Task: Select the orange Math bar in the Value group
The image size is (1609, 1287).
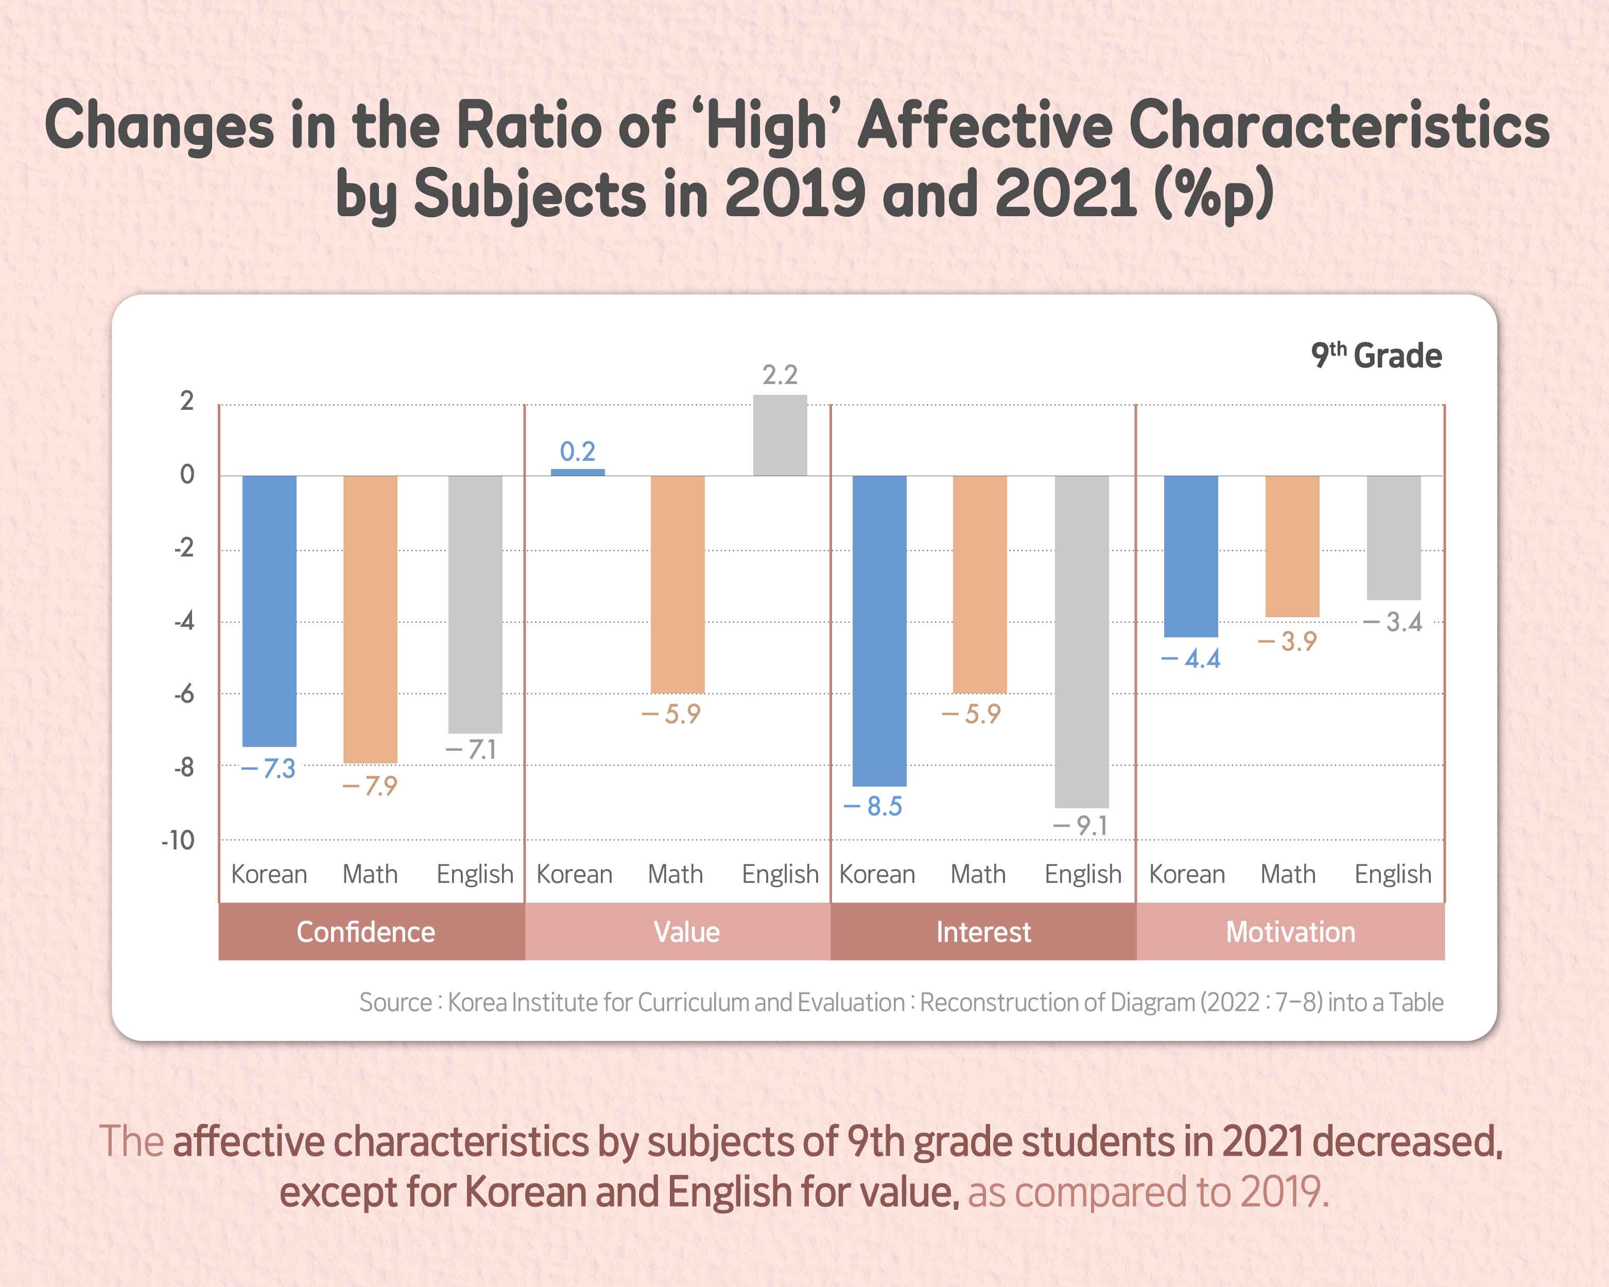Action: (677, 584)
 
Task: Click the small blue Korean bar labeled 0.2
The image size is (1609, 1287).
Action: (578, 472)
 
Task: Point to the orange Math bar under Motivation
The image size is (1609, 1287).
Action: (1292, 546)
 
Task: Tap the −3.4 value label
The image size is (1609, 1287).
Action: (1393, 622)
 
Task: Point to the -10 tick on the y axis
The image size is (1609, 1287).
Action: (178, 841)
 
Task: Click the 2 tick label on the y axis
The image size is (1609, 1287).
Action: (186, 402)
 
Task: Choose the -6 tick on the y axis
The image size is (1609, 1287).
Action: (184, 694)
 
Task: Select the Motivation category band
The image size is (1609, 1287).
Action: (1290, 932)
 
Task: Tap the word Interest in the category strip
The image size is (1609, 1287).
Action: (983, 932)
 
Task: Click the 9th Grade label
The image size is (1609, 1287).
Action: (1376, 355)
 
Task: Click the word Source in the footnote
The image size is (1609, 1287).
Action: (395, 1002)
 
